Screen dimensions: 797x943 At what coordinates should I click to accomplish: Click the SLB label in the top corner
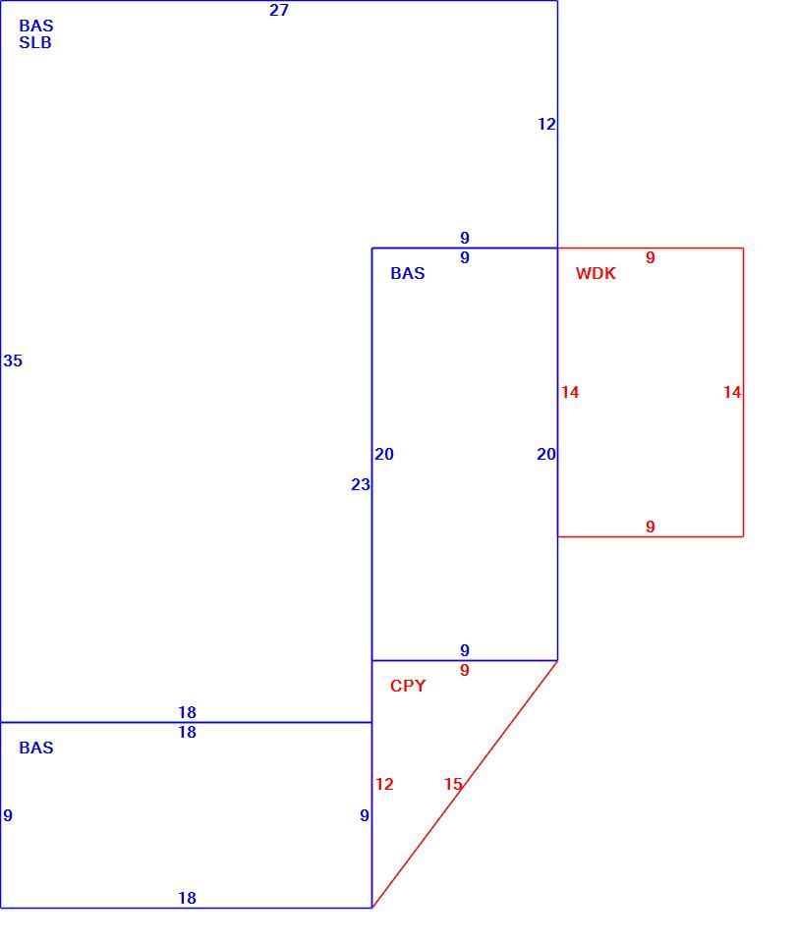35,42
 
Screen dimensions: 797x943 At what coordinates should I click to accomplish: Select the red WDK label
596,274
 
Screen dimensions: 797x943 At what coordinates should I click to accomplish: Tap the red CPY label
408,687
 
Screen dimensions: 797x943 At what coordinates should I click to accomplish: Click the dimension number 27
279,10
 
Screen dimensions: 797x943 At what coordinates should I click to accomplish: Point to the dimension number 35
13,361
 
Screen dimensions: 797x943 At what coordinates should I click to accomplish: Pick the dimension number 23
361,484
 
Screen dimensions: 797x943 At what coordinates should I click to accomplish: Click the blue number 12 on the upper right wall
546,125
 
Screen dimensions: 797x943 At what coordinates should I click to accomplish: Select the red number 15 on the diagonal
454,784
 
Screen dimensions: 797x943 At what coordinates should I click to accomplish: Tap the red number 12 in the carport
384,784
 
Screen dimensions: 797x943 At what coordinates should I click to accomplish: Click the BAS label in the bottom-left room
36,749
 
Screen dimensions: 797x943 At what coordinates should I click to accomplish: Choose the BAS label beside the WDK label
408,274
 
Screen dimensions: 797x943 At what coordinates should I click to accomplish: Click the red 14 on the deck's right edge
732,393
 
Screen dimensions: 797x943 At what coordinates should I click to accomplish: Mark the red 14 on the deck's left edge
570,393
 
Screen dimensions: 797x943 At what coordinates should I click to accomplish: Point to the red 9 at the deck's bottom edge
651,527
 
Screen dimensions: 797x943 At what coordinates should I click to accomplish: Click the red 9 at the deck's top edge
651,258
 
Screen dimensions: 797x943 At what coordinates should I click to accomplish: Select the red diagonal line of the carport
465,784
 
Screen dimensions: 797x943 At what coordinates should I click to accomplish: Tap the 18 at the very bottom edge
187,899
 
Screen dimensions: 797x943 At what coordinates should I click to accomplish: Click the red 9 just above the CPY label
465,671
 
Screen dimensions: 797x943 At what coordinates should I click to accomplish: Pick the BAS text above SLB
36,26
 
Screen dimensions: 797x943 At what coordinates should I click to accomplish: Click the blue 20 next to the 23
384,455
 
